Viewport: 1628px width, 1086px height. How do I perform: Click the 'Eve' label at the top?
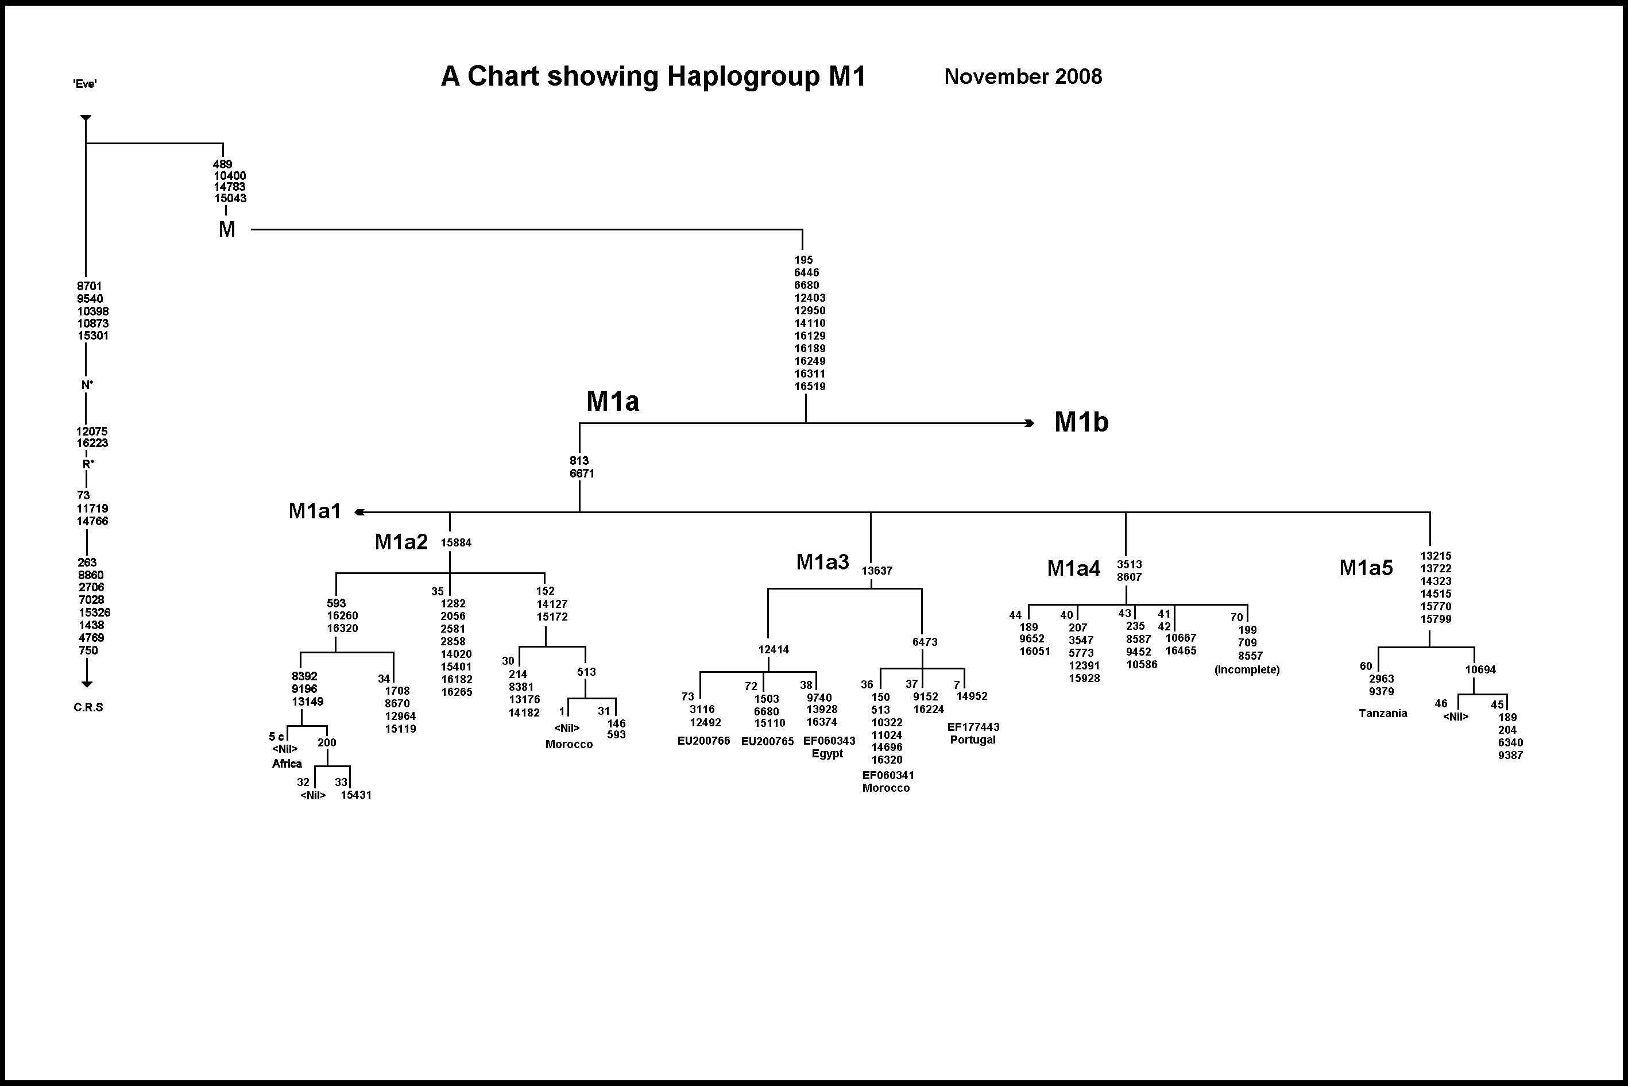coord(85,84)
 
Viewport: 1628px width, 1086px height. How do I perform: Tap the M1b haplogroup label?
coord(1081,422)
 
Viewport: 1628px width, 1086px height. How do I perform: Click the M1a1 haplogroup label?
coord(315,511)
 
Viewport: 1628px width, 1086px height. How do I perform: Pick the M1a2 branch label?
coord(401,542)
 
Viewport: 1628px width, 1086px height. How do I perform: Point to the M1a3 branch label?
coord(822,562)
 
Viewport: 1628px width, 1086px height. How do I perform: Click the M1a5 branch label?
coord(1366,568)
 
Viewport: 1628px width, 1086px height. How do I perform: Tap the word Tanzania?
coord(1382,714)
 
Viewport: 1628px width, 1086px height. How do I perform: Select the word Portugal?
coord(973,740)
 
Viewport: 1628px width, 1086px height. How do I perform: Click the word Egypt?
coord(827,753)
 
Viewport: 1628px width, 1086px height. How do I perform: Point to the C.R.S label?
coord(88,707)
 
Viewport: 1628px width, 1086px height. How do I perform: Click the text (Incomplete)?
coord(1247,670)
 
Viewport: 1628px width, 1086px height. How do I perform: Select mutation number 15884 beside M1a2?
coord(456,543)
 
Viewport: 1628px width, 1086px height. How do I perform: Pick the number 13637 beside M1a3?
coord(877,571)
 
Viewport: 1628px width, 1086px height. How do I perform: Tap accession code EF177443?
coord(973,727)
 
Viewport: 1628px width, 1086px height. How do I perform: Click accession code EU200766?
coord(703,741)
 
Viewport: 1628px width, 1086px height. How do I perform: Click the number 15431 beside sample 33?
coord(356,795)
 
